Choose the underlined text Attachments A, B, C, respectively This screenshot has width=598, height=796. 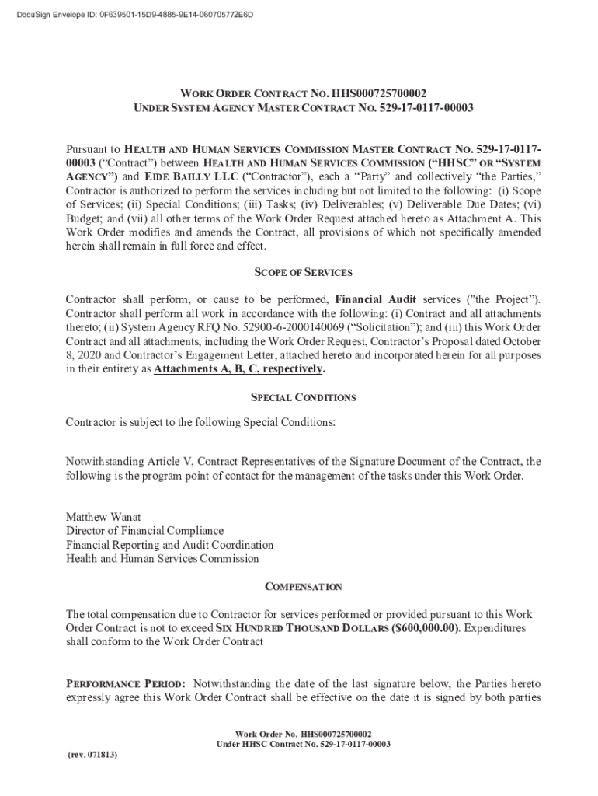point(239,369)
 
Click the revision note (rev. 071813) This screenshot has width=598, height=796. point(88,753)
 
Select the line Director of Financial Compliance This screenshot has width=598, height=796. point(144,531)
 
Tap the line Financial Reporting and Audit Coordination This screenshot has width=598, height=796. point(169,545)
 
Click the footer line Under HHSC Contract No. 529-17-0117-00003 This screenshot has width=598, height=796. point(304,744)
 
